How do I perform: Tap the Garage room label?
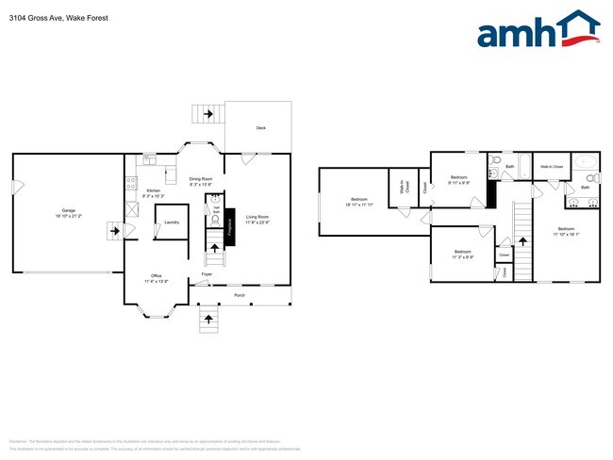[x=69, y=211]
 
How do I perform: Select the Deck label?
[x=261, y=127]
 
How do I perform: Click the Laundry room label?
[x=171, y=222]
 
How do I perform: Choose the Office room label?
[x=156, y=278]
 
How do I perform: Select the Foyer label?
[x=205, y=275]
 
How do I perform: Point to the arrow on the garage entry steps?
[x=116, y=231]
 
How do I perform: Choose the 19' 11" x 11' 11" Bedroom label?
[x=359, y=201]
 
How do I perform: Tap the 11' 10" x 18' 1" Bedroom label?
[x=566, y=232]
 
